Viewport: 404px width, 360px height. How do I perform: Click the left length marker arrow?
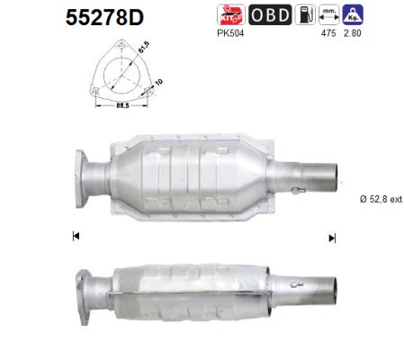click(x=74, y=237)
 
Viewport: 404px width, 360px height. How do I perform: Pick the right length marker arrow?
click(x=332, y=238)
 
